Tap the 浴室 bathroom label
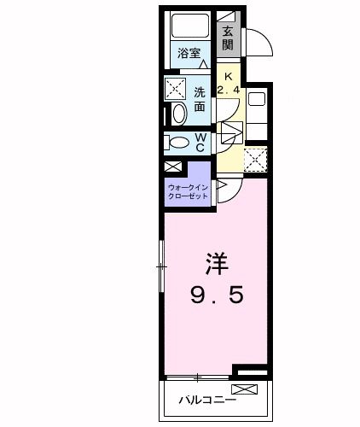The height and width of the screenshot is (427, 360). click(x=188, y=54)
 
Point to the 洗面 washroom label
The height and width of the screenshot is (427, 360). click(x=199, y=99)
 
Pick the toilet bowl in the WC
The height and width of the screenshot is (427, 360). click(x=178, y=143)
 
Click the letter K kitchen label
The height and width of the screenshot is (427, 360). click(x=228, y=74)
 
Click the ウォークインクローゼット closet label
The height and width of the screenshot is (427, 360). click(x=189, y=190)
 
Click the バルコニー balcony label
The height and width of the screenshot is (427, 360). click(x=204, y=399)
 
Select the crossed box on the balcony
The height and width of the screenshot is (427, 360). click(x=243, y=390)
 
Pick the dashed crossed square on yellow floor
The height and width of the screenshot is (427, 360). click(x=254, y=159)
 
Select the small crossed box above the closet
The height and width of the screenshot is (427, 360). click(x=173, y=167)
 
